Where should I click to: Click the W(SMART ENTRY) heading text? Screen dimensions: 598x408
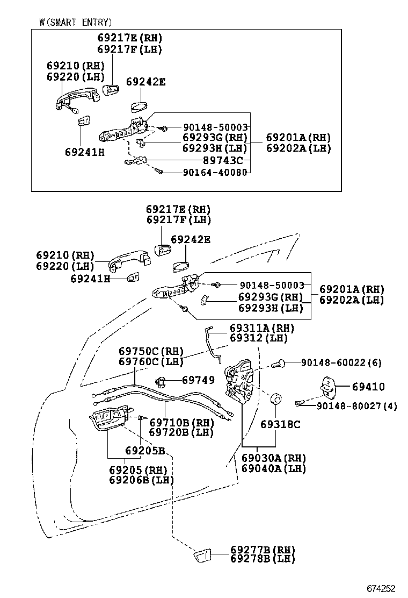[76, 22]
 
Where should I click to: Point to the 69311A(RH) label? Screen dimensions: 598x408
[262, 328]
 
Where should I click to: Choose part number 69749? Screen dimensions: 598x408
[198, 380]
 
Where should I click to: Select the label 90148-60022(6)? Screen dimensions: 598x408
[341, 363]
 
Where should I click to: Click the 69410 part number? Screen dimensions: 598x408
[368, 387]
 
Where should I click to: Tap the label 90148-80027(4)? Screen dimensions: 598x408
[356, 406]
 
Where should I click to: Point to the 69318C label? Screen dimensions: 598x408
[280, 424]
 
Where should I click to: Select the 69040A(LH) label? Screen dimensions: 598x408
[273, 468]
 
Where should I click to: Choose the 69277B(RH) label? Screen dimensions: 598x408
[263, 549]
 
